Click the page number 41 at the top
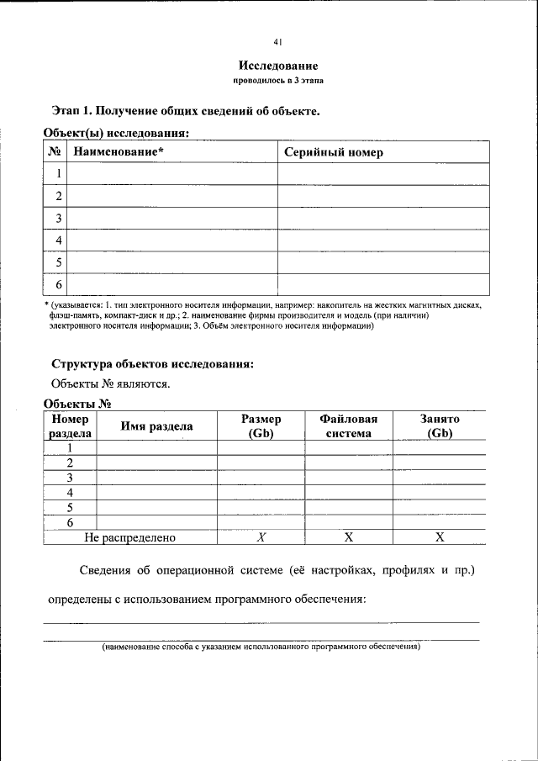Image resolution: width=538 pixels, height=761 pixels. [277, 42]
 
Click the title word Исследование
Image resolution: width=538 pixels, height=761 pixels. [277, 66]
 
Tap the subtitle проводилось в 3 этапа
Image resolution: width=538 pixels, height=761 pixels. [277, 81]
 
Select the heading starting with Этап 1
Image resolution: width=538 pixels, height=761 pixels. [185, 110]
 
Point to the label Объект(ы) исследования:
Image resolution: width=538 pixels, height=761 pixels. [115, 132]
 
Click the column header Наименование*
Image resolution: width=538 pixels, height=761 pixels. [119, 152]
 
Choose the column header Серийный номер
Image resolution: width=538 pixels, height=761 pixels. [333, 152]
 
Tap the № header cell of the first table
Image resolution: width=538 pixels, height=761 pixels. [55, 152]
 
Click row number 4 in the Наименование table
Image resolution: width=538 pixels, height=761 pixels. [59, 240]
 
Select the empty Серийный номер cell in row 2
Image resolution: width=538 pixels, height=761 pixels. [383, 196]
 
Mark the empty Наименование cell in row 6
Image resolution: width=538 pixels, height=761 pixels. [171, 284]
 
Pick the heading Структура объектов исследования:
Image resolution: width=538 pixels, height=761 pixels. [152, 364]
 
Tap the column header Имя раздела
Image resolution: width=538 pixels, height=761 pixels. [156, 426]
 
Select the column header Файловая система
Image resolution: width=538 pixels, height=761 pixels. [348, 426]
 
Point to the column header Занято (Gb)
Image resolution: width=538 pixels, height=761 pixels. [439, 426]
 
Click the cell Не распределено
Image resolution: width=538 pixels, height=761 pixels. [130, 537]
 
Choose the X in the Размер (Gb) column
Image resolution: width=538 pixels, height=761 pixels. [261, 537]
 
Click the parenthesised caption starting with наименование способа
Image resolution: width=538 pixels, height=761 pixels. [261, 647]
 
